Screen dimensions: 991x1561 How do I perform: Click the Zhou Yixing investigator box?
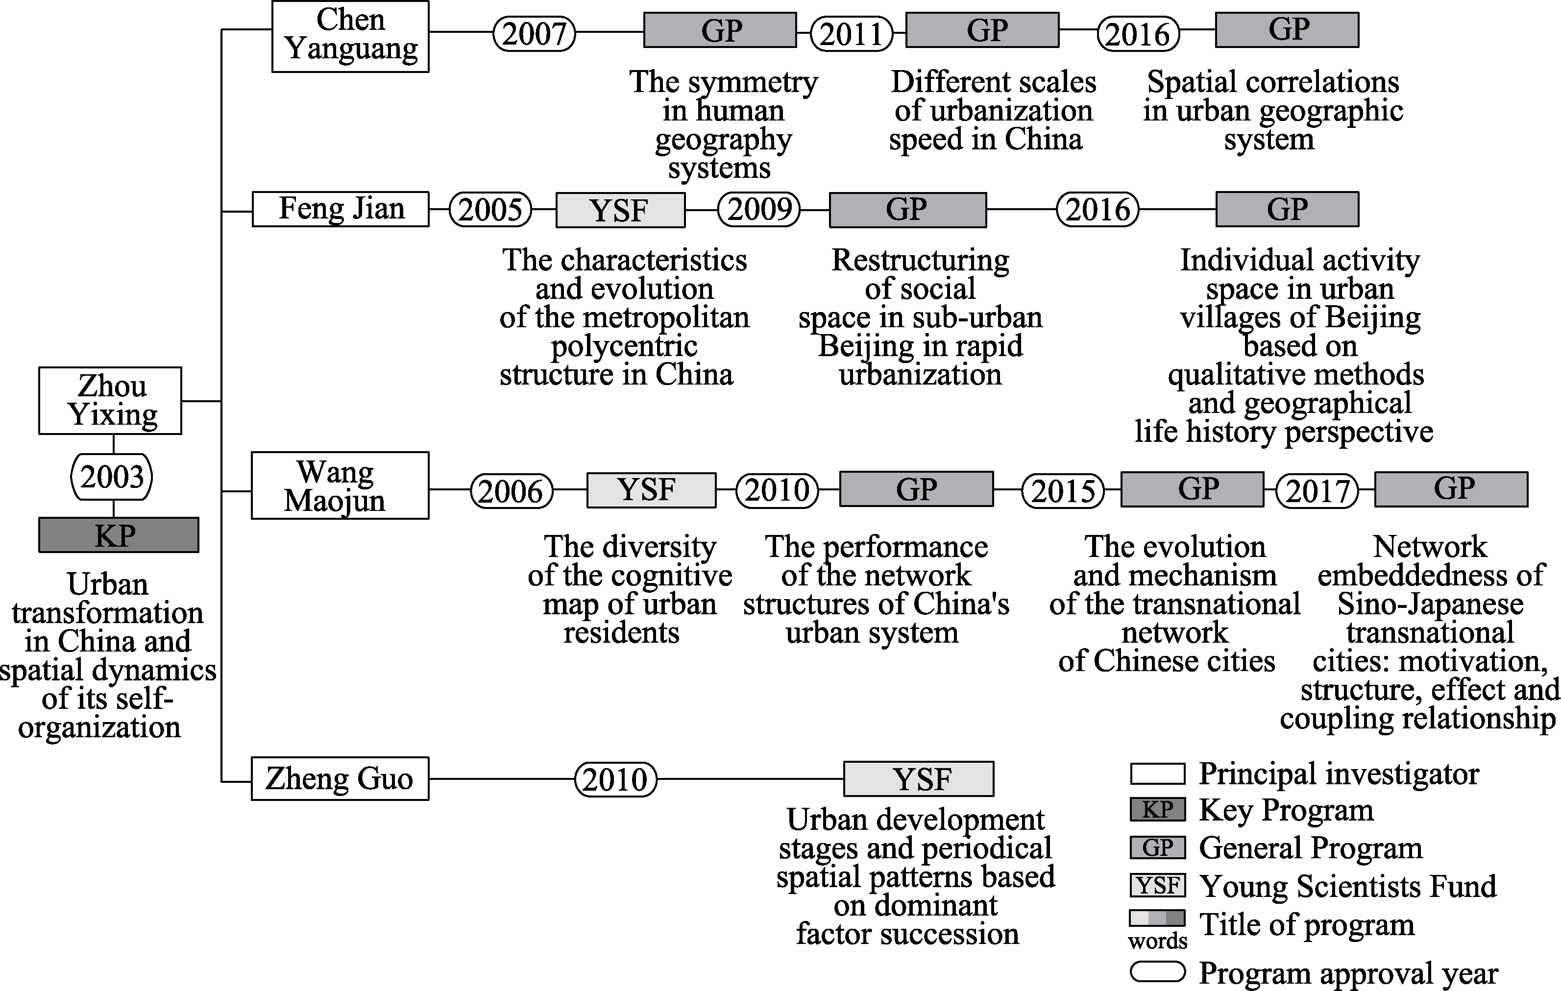pos(110,401)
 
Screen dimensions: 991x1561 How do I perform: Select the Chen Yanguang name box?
pos(350,36)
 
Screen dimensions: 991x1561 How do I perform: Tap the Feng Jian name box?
pos(341,209)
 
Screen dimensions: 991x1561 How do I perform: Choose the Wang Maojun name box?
pos(340,485)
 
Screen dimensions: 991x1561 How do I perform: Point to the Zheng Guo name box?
pos(340,778)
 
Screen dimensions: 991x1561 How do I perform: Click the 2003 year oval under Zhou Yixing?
pos(112,477)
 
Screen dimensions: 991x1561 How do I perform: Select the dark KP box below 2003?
pos(118,535)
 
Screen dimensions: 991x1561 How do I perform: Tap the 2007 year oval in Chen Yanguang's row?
pos(534,34)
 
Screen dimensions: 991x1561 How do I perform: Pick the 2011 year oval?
pos(851,34)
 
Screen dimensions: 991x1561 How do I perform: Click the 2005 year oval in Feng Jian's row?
pos(490,209)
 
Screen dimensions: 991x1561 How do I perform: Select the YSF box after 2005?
pos(620,210)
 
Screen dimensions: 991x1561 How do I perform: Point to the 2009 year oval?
pos(759,209)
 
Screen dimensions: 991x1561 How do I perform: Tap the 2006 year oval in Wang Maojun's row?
pos(512,491)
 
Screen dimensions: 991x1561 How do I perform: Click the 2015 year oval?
pos(1063,491)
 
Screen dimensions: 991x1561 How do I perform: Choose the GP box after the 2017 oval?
pos(1451,489)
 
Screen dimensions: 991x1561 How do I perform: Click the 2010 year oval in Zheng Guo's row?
pos(615,778)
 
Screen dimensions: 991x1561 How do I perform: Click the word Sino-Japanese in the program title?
pos(1430,604)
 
